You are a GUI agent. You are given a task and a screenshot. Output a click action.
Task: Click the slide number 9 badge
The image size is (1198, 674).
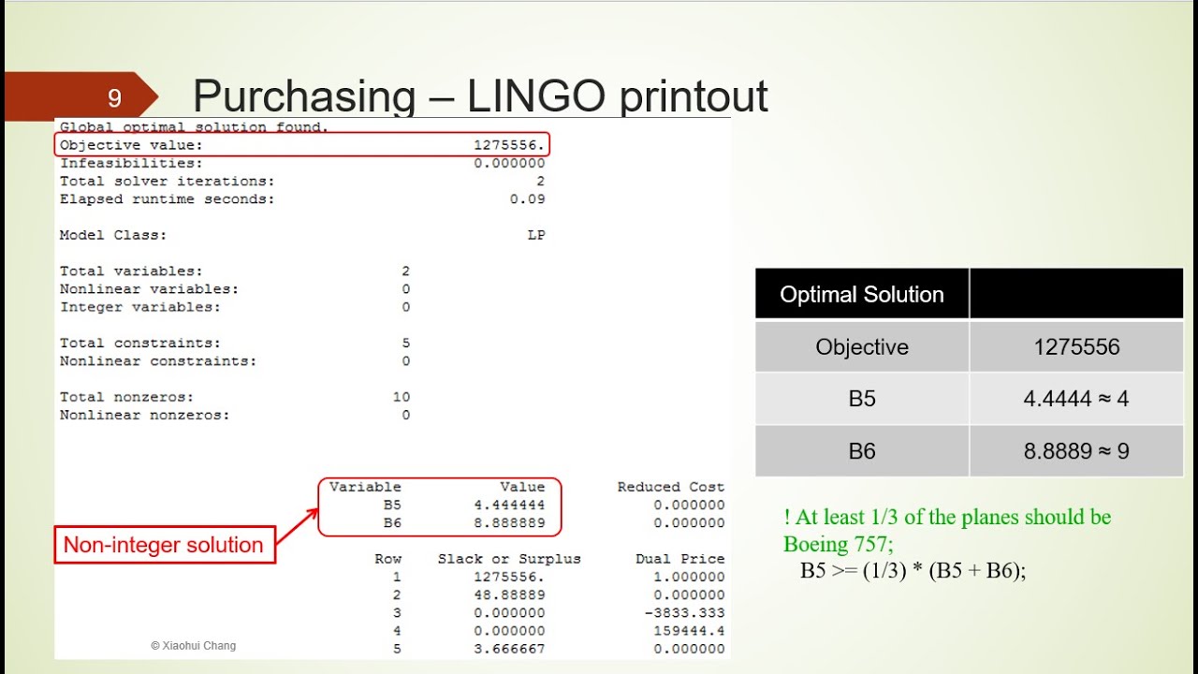114,97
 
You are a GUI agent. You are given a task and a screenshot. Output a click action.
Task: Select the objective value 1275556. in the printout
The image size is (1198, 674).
509,145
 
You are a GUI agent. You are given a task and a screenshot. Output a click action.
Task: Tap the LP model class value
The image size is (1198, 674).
535,235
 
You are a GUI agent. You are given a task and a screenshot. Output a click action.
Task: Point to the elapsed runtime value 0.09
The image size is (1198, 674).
527,199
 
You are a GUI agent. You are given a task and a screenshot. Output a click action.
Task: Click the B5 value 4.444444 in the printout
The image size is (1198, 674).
509,505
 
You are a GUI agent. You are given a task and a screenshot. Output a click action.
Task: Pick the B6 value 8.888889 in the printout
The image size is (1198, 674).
509,523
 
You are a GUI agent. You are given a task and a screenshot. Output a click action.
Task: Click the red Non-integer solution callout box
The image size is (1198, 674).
164,545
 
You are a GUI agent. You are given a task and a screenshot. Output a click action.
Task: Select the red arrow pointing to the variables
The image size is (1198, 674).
298,528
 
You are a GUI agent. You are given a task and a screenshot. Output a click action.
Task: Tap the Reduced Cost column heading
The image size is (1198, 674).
670,487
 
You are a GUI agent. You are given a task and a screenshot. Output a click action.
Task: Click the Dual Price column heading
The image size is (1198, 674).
679,559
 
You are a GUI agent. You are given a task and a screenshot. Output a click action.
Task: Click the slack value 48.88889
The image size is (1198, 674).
509,594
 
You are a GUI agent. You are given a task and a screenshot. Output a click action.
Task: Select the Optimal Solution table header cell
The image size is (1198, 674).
861,295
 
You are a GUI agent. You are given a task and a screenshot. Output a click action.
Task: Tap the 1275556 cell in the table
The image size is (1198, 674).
1076,347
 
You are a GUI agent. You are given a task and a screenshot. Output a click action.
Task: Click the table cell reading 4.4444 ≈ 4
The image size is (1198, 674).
1076,399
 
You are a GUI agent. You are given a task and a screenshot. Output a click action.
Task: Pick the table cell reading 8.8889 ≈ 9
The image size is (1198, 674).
1076,451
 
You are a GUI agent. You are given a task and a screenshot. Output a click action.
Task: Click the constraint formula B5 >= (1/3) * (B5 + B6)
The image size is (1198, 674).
913,570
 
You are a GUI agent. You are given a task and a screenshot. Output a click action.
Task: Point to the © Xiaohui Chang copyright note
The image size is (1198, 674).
194,646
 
